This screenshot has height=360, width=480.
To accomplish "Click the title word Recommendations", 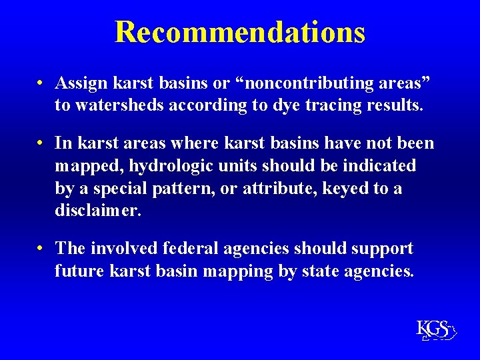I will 240,31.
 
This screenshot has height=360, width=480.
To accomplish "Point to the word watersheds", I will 121,105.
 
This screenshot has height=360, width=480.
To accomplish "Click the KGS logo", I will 435,329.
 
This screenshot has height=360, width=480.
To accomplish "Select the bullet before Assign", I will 41,84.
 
